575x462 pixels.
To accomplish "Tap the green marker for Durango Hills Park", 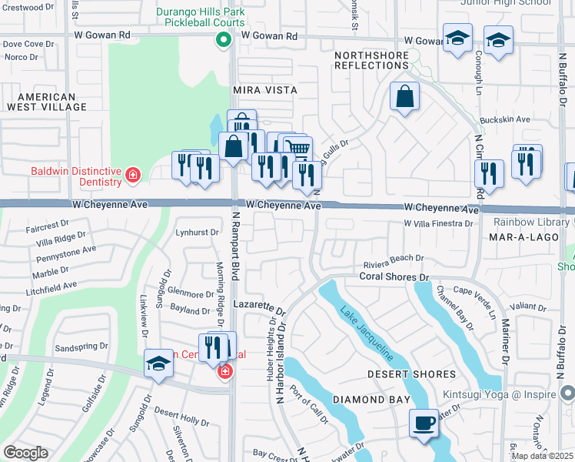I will [223, 42].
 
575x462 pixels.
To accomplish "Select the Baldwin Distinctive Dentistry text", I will [76, 176].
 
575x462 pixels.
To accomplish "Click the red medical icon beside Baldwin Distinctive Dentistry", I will [133, 176].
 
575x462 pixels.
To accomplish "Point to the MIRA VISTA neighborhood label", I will [264, 90].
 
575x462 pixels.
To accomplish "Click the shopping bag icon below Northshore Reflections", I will [404, 97].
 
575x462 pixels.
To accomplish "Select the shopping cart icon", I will [297, 148].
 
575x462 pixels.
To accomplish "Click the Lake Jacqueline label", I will [367, 332].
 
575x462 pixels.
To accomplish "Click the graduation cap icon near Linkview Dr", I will [158, 364].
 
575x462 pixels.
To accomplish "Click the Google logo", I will [25, 453].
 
